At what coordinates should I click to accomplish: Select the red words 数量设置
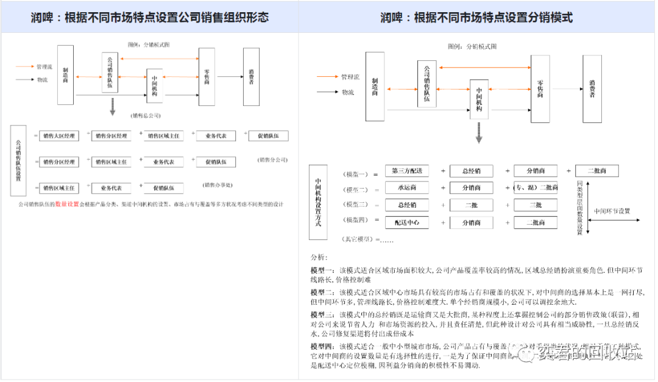[67, 204]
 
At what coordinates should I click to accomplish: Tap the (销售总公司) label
[146, 115]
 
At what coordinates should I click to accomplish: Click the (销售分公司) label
[272, 160]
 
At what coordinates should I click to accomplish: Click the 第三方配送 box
[407, 171]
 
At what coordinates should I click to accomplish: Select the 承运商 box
[407, 188]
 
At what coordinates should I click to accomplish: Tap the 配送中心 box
[407, 222]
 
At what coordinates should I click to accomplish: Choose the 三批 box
[536, 205]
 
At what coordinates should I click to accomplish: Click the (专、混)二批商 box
[536, 188]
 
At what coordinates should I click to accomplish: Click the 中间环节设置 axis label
[612, 211]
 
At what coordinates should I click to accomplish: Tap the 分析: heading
[319, 258]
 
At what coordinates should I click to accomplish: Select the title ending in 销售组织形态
[149, 18]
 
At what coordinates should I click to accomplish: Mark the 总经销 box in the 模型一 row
[471, 171]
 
